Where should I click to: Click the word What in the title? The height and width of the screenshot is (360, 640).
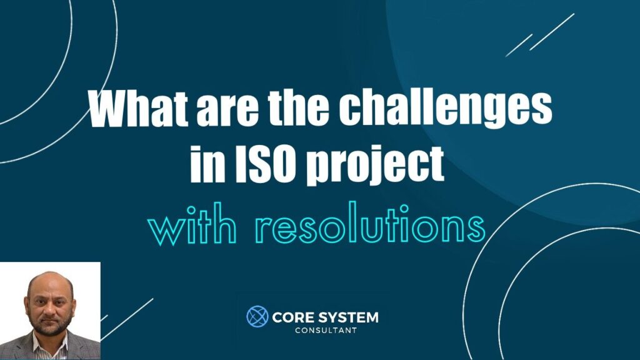tap(139, 109)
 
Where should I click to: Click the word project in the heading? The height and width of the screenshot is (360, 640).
tap(375, 166)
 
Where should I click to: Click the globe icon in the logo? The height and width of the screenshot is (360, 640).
tap(257, 316)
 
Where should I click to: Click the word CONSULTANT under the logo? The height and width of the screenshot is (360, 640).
tap(326, 330)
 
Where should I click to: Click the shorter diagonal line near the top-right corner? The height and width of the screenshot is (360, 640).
tap(519, 45)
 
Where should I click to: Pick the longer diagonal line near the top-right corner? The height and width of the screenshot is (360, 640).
tap(552, 32)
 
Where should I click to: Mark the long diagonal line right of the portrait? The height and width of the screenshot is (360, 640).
tap(127, 319)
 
